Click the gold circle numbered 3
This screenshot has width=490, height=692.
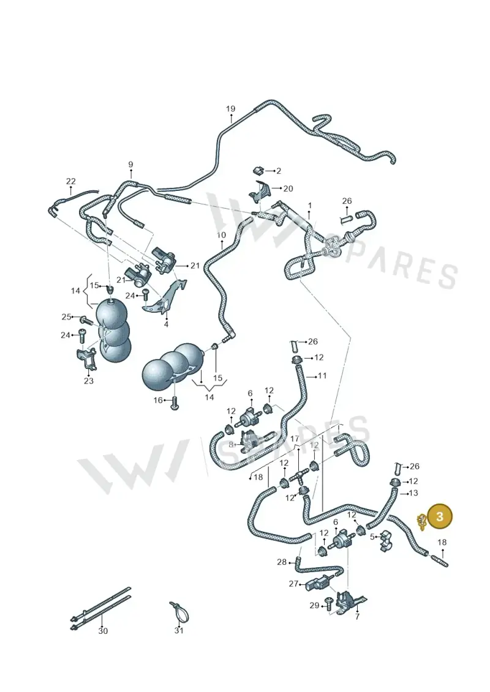439,516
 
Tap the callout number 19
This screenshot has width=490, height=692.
231,109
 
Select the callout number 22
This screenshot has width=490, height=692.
70,181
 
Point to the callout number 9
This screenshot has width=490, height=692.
131,165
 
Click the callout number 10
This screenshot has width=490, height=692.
221,235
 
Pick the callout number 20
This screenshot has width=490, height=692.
288,188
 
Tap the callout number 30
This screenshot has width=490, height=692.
102,631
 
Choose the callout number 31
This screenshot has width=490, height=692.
178,631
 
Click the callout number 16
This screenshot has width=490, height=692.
158,400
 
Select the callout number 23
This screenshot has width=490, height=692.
88,381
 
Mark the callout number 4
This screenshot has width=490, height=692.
166,324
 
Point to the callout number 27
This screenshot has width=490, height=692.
293,584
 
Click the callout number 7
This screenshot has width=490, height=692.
357,617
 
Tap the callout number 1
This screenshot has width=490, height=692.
310,206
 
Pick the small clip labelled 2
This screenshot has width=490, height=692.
258,170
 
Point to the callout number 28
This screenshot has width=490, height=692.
282,562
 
